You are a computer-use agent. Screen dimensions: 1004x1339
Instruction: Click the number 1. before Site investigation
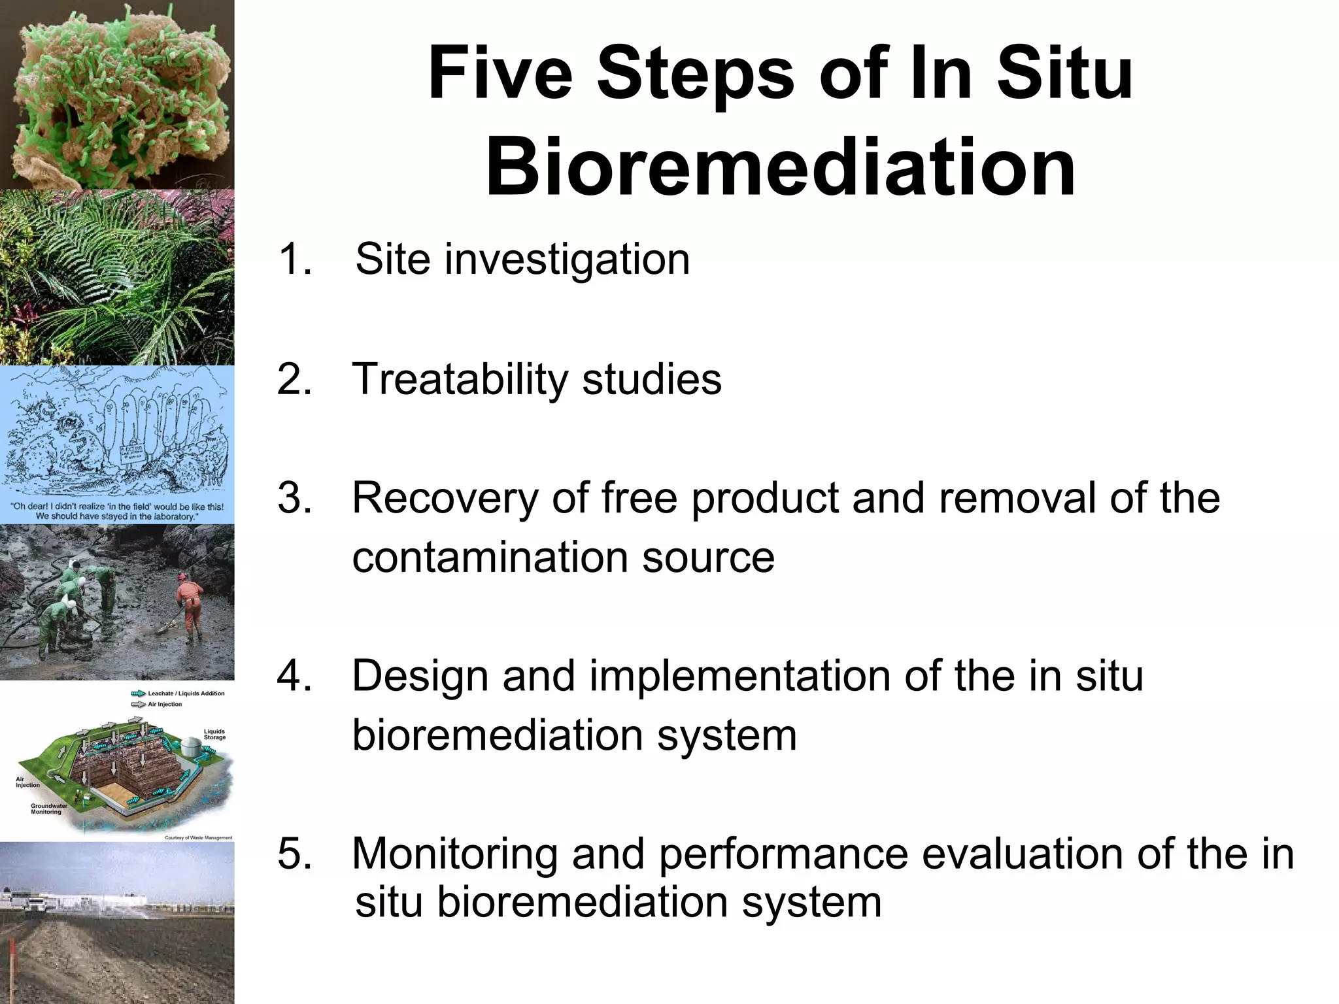point(295,259)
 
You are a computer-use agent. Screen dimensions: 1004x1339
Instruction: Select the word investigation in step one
point(567,260)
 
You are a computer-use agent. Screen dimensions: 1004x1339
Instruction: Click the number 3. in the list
point(295,498)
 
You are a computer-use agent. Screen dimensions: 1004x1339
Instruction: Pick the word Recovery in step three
point(445,498)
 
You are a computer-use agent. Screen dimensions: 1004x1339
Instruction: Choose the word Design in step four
point(420,676)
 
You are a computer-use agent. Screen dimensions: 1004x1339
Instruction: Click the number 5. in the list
point(295,854)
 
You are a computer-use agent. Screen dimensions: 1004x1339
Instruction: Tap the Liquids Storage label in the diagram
point(214,734)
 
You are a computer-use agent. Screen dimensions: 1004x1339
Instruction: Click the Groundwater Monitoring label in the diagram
point(48,809)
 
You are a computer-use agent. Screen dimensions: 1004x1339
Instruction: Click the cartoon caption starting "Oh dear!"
point(117,511)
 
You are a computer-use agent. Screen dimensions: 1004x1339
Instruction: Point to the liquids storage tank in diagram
point(190,745)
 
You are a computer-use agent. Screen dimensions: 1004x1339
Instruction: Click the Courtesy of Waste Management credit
point(198,837)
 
